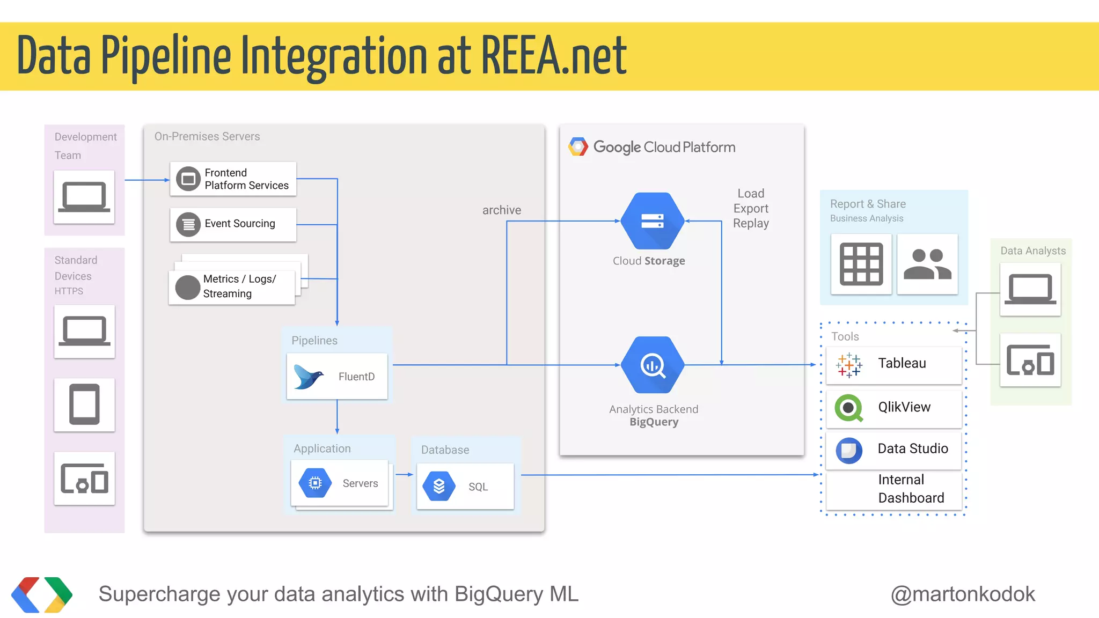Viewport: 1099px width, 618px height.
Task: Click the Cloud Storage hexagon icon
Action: pos(653,220)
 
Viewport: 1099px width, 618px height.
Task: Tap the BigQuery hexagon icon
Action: pos(653,365)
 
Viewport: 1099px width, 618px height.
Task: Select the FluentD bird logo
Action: pos(309,377)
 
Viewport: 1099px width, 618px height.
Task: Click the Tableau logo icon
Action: pos(849,365)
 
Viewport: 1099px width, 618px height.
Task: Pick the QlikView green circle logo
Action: pos(849,408)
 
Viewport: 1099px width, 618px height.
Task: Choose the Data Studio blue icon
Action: pos(849,450)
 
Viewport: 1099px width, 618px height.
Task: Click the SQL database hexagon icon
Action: pos(439,486)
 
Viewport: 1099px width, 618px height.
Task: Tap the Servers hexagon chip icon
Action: pos(316,483)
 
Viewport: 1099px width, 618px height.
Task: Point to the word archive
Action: pos(501,210)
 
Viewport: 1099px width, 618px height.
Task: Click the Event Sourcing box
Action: pos(233,224)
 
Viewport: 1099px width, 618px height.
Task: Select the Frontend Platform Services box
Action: pos(233,179)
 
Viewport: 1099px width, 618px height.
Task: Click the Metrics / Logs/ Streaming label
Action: pos(239,286)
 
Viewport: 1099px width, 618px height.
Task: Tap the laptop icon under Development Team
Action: pos(84,197)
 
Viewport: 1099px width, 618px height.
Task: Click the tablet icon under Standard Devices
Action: pos(84,404)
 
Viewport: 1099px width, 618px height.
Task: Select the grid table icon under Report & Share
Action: pos(861,264)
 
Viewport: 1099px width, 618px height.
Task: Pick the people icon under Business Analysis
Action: pos(927,264)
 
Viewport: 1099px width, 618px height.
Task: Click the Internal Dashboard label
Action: pos(911,489)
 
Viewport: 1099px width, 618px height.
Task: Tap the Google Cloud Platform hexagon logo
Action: pos(578,146)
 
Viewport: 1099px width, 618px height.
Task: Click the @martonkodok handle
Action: pos(963,594)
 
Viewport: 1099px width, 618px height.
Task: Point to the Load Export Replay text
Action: pos(751,208)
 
